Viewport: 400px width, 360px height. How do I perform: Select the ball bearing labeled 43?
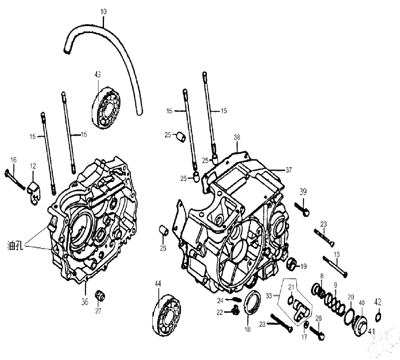pos(106,107)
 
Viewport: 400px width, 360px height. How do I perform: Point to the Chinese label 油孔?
pos(15,246)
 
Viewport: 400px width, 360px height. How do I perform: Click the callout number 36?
pos(85,302)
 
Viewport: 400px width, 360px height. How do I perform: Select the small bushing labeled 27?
pos(100,296)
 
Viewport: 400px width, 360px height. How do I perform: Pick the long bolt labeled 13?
pos(335,267)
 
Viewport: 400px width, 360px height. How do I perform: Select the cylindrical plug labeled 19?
pos(292,265)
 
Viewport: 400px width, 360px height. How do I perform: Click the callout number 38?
pos(237,137)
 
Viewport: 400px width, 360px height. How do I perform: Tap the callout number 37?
pos(288,170)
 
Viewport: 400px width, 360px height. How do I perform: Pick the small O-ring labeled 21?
pos(290,300)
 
